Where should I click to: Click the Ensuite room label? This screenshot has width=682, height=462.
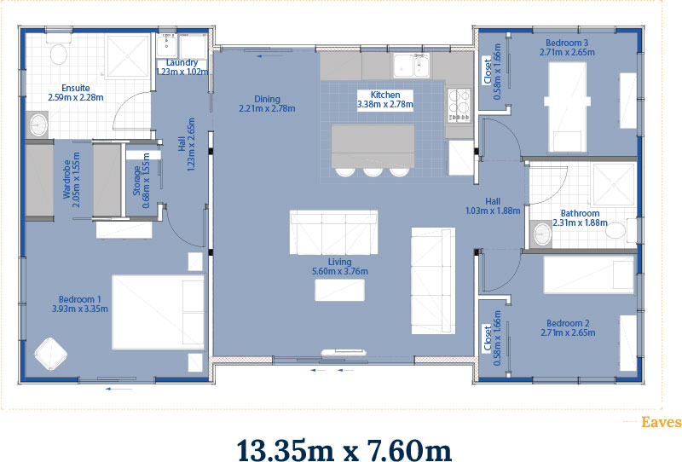pyautogui.click(x=76, y=93)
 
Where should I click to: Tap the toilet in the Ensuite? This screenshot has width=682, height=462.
pyautogui.click(x=58, y=50)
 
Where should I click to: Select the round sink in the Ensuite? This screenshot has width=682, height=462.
pyautogui.click(x=38, y=124)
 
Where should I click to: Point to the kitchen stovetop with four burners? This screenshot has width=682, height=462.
pyautogui.click(x=459, y=105)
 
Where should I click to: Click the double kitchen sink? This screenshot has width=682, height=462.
pyautogui.click(x=411, y=66)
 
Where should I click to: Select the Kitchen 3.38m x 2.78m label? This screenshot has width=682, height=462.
pyautogui.click(x=385, y=100)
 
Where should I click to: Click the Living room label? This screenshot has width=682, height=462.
pyautogui.click(x=339, y=267)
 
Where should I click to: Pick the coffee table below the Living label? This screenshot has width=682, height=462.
pyautogui.click(x=339, y=290)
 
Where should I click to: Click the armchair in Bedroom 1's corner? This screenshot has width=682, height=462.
pyautogui.click(x=50, y=354)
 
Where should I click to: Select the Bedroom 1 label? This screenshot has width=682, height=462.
pyautogui.click(x=80, y=304)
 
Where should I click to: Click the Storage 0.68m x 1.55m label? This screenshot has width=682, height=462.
pyautogui.click(x=142, y=181)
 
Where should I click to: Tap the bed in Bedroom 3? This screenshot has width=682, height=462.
pyautogui.click(x=567, y=107)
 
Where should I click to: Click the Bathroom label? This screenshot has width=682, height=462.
pyautogui.click(x=580, y=218)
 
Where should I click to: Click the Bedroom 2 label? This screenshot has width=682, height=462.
pyautogui.click(x=568, y=328)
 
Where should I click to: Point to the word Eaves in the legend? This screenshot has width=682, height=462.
pyautogui.click(x=662, y=422)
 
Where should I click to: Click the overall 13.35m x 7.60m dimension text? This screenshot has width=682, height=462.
pyautogui.click(x=344, y=449)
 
